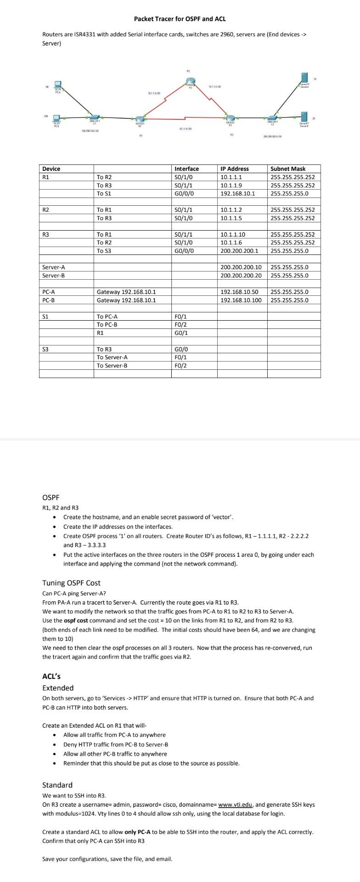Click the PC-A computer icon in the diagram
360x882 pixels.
click(58, 85)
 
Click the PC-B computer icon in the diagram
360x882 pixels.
click(58, 118)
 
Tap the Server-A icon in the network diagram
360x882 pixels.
click(304, 79)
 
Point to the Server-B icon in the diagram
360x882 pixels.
click(304, 117)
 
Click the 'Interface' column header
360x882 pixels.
click(187, 169)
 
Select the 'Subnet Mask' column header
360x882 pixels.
click(288, 169)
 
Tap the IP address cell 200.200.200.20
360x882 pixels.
click(241, 276)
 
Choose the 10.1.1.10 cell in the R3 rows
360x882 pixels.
click(233, 234)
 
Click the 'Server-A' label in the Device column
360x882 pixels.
click(53, 267)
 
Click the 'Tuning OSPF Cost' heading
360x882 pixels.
click(71, 583)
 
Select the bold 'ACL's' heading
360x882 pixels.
click(51, 676)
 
